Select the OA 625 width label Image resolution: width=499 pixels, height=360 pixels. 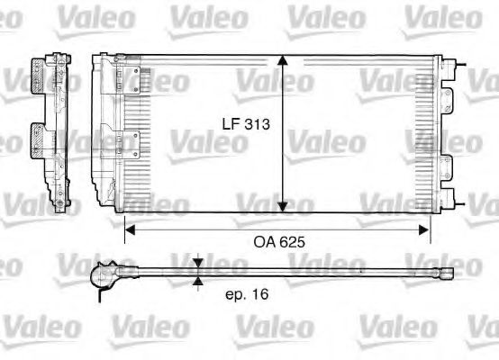(x=278, y=242)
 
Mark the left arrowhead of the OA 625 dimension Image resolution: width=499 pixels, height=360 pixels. (x=129, y=229)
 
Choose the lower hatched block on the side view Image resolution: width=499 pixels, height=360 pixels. (x=43, y=141)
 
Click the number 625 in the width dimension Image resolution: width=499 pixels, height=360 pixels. (x=293, y=242)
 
